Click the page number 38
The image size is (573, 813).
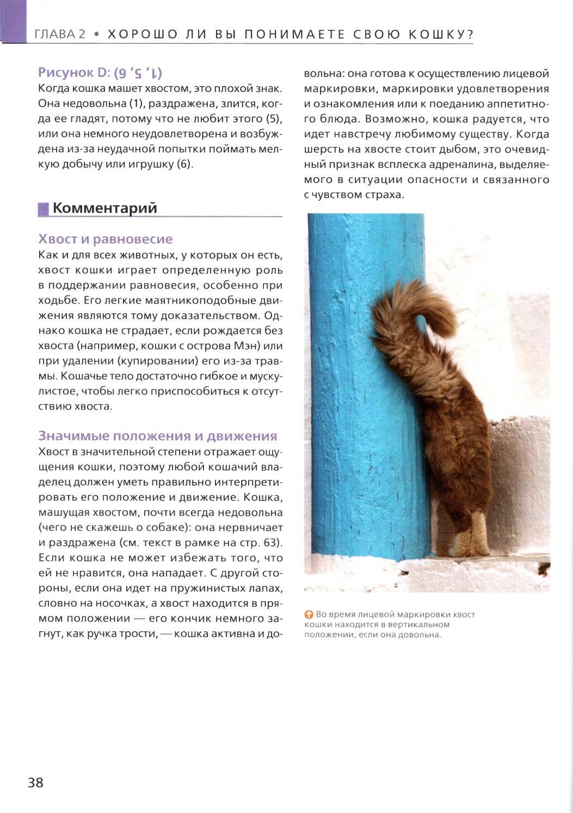35,783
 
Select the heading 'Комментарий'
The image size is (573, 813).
105,208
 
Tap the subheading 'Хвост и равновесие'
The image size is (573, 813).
105,239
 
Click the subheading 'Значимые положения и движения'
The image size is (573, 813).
157,436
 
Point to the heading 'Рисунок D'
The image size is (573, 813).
74,72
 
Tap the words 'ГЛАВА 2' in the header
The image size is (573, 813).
60,34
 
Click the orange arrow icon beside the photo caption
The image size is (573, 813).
309,615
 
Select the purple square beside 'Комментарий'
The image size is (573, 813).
43,209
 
